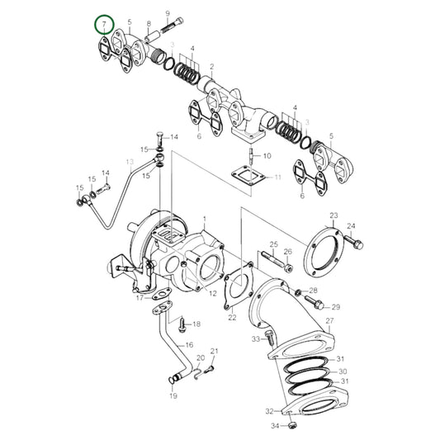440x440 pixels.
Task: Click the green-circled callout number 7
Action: tap(103, 25)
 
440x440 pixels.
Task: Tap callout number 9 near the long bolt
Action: tap(167, 14)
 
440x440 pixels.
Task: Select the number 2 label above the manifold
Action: tap(211, 66)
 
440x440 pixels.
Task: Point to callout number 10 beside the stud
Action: tap(267, 155)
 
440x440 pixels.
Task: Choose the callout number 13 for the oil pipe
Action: tap(130, 163)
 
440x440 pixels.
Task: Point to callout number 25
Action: tap(273, 244)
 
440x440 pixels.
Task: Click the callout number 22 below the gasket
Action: tap(232, 317)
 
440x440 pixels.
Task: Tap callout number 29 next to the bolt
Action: tap(336, 306)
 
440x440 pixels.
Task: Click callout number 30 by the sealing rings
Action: tap(343, 372)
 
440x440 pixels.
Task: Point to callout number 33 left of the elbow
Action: tap(257, 339)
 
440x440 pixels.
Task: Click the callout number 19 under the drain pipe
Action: tap(173, 396)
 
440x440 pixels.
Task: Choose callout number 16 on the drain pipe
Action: tap(189, 345)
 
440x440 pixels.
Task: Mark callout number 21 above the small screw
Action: tap(214, 352)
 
